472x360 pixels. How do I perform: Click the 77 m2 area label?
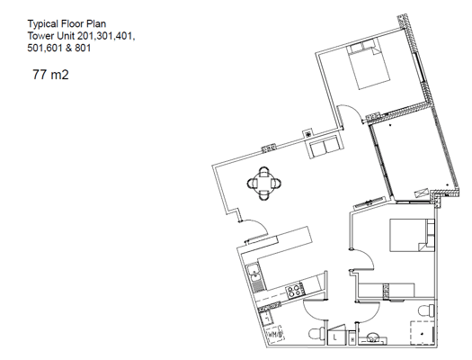pyautogui.click(x=50, y=75)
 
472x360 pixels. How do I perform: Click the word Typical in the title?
pyautogui.click(x=43, y=23)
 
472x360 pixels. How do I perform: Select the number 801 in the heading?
pyautogui.click(x=83, y=48)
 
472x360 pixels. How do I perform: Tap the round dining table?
pyautogui.click(x=264, y=184)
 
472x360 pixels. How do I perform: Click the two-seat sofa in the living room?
pyautogui.click(x=324, y=147)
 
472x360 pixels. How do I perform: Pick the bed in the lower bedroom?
pyautogui.click(x=412, y=235)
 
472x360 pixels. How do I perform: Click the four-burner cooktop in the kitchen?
pyautogui.click(x=294, y=291)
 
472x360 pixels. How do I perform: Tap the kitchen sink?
pyautogui.click(x=254, y=278)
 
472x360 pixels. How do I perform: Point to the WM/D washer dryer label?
pyautogui.click(x=275, y=334)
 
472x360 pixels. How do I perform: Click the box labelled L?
pyautogui.click(x=336, y=335)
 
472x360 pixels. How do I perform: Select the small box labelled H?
pyautogui.click(x=352, y=337)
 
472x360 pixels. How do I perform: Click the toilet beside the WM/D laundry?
pyautogui.click(x=316, y=334)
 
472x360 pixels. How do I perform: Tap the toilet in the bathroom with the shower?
pyautogui.click(x=426, y=310)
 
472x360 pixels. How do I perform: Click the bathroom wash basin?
pyautogui.click(x=372, y=337)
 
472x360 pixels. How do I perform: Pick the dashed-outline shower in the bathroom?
pyautogui.click(x=423, y=333)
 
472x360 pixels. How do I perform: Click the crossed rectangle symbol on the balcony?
pyautogui.click(x=422, y=193)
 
